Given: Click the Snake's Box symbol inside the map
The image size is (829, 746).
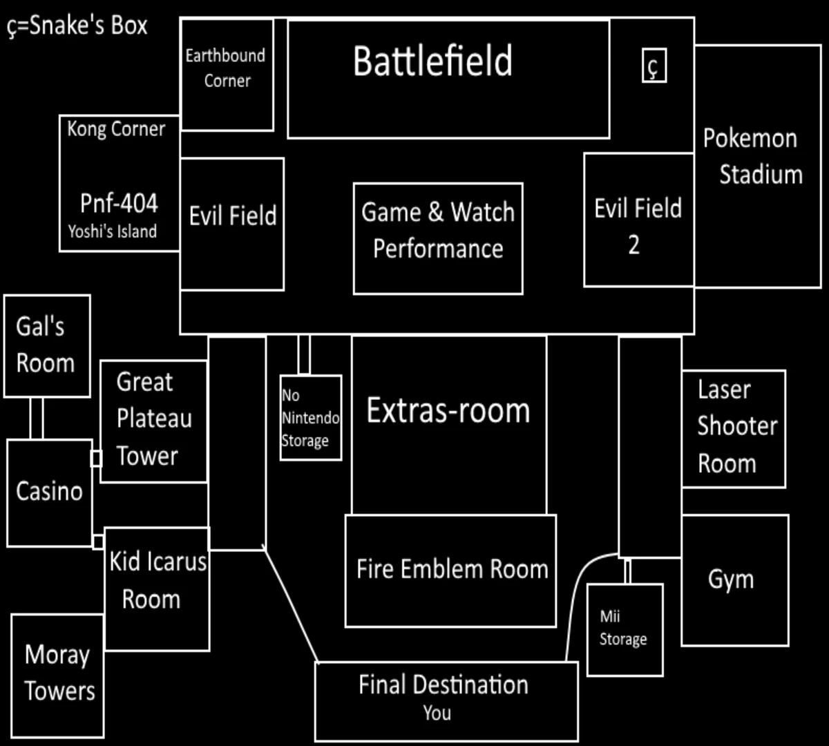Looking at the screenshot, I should pos(654,66).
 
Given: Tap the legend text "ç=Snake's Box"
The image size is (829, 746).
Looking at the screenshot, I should pos(77,26).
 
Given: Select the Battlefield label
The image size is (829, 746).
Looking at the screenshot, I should pos(432,61).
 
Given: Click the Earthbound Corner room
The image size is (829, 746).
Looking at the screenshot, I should pos(227,69).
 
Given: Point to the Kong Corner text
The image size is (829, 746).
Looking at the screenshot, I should pos(116,129).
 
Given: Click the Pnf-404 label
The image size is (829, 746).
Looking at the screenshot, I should pos(119,203).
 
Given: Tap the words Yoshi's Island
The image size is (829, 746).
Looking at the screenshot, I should pos(112,231).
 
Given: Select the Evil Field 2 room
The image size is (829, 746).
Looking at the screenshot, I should pos(638,221).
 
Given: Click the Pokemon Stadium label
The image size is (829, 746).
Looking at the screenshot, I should pos(753,156).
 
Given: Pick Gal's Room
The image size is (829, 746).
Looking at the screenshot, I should pos(46,345).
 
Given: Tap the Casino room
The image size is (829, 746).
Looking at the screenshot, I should pos(49,492).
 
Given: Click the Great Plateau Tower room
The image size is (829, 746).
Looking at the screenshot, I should pos(153,420).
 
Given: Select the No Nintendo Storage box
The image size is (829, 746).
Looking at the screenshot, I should pos(310,418).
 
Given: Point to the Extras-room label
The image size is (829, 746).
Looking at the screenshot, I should pos(448,411).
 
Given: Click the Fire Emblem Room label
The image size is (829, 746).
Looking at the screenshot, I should pos(452,569).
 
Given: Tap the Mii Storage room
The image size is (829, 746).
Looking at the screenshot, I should pos(624,629).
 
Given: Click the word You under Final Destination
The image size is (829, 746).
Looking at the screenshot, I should pos(437,713).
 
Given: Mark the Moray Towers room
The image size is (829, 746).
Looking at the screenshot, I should pos(57,673).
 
